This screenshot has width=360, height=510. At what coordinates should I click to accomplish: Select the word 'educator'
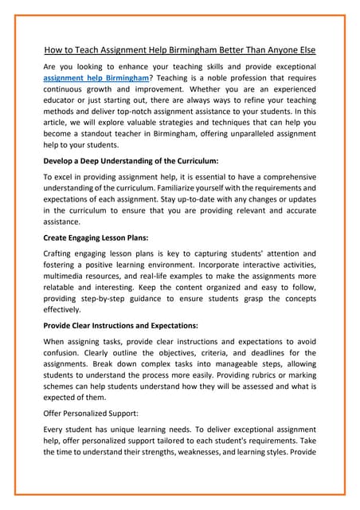point(63,106)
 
